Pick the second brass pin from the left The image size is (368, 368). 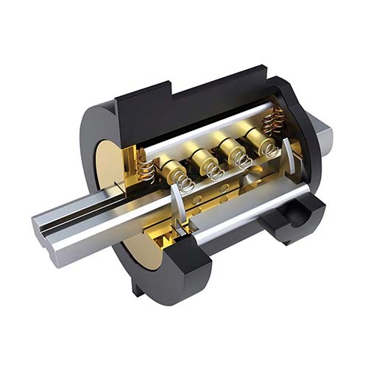203,156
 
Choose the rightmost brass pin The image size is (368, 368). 259,135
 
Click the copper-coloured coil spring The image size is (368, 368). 275,118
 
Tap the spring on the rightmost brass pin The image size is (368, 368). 269,149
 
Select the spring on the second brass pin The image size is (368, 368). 215,172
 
